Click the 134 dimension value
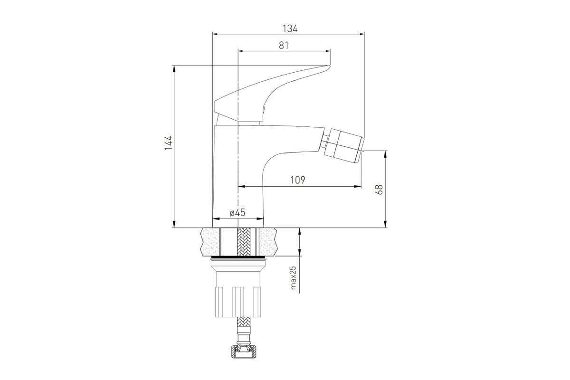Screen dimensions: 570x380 tap(290, 29)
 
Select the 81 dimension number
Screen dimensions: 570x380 tap(284, 45)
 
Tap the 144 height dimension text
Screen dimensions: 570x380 tap(169, 143)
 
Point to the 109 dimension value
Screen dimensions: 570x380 tap(298, 180)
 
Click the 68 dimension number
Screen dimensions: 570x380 tap(379, 190)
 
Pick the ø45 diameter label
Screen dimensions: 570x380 tap(237, 212)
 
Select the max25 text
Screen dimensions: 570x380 tap(293, 278)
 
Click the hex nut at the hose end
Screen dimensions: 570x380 tap(244, 352)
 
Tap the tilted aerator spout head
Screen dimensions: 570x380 tap(345, 145)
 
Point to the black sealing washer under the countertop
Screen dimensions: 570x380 tap(238, 257)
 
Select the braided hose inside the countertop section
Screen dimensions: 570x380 tap(244, 242)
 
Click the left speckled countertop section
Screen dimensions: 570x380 tap(210, 242)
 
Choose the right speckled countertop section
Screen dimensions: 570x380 tap(268, 242)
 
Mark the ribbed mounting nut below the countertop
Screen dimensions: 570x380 tap(238, 302)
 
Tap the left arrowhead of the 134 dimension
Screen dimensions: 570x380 tap(216, 34)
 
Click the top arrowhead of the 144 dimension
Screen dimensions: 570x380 tap(174, 68)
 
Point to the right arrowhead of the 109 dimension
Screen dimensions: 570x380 tap(358, 187)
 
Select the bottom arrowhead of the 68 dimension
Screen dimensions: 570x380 tap(386, 224)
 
